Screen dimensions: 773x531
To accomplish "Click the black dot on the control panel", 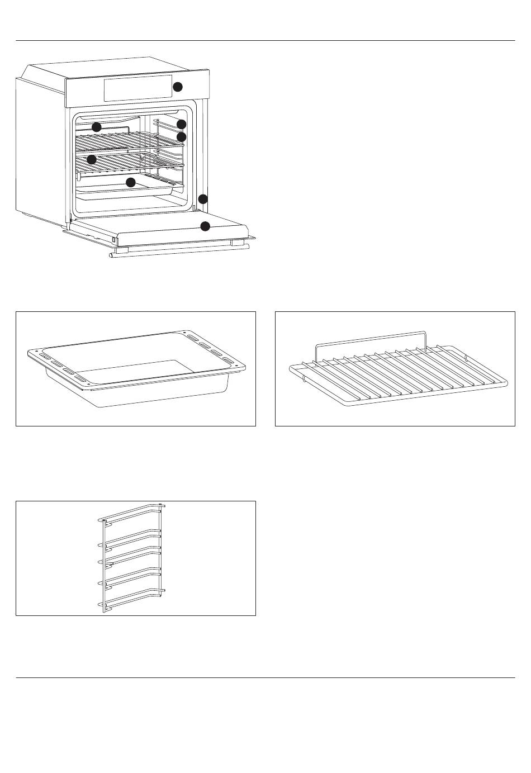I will pyautogui.click(x=177, y=87).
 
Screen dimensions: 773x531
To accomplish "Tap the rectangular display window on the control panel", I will pyautogui.click(x=138, y=88).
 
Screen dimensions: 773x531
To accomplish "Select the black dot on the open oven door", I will pyautogui.click(x=205, y=226).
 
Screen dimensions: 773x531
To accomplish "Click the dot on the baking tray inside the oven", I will pyautogui.click(x=131, y=183).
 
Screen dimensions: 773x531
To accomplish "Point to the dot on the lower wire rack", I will pyautogui.click(x=92, y=159).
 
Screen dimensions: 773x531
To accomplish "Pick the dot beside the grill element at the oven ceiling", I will pyautogui.click(x=97, y=127).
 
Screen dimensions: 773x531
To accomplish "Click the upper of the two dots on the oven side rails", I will pyautogui.click(x=181, y=124).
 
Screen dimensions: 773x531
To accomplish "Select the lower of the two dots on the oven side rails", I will pyautogui.click(x=181, y=136).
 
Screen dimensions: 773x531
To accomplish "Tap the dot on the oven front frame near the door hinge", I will pyautogui.click(x=203, y=199).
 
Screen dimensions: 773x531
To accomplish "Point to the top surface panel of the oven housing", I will pyautogui.click(x=112, y=67).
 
